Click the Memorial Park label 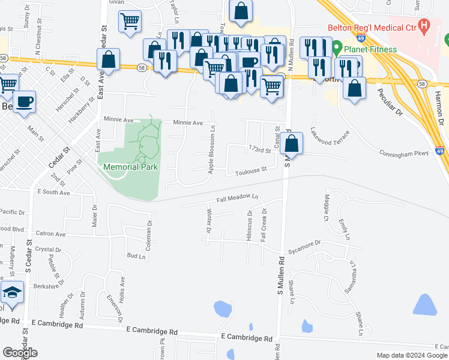tap(131, 167)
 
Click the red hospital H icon tap(426, 26)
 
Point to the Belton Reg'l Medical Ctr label tap(372, 27)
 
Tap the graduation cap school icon tap(12, 292)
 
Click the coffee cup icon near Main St tap(24, 101)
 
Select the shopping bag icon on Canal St tap(291, 144)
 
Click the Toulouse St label tap(252, 170)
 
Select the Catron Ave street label tap(50, 233)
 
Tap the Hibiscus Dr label tap(249, 226)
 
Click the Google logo tap(20, 352)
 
